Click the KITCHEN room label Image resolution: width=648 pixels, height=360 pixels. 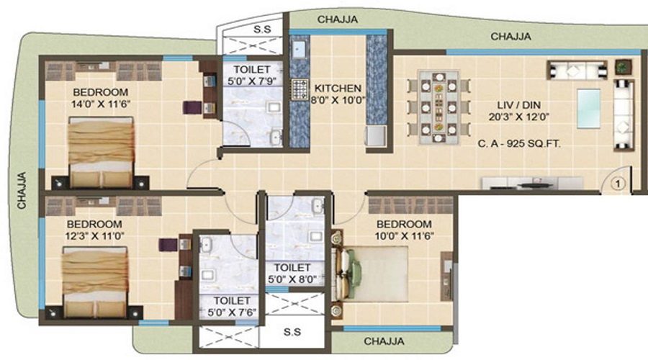[x=338, y=89]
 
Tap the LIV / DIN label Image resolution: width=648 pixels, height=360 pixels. [x=518, y=105]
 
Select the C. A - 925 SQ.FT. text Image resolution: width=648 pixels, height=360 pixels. [x=519, y=144]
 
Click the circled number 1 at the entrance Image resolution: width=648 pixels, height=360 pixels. [x=618, y=184]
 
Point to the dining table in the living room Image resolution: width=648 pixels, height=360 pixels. [x=439, y=107]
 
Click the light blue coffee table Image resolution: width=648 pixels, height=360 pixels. [x=589, y=109]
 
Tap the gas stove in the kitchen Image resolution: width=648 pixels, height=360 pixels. [x=300, y=89]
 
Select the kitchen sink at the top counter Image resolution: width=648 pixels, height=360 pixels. [x=298, y=50]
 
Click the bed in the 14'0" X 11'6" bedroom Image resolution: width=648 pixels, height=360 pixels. [x=101, y=153]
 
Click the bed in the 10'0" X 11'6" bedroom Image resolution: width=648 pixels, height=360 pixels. [x=370, y=274]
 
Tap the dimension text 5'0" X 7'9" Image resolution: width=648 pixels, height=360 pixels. [x=252, y=81]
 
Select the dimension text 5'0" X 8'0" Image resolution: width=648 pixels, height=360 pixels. [x=292, y=279]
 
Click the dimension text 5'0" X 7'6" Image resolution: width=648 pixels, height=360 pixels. [x=232, y=312]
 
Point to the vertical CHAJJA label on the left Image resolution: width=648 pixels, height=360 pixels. [x=22, y=190]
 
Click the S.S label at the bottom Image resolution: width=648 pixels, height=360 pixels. [x=292, y=332]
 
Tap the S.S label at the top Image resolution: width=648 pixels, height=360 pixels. [x=262, y=30]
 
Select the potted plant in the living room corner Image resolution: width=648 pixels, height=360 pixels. [x=624, y=66]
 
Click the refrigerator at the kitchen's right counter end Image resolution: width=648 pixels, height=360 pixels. [x=375, y=136]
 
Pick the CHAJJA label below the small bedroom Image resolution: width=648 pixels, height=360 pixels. [x=384, y=341]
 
